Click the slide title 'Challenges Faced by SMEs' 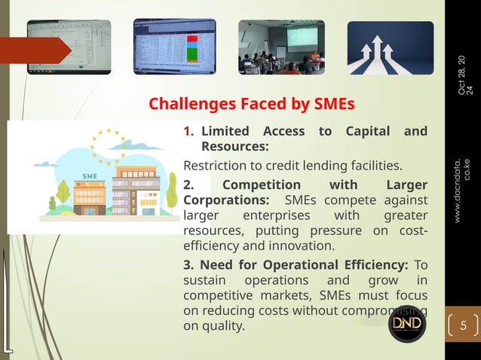coord(251,102)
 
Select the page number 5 coord(464,326)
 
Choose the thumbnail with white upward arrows coord(390,48)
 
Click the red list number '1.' coord(189,131)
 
